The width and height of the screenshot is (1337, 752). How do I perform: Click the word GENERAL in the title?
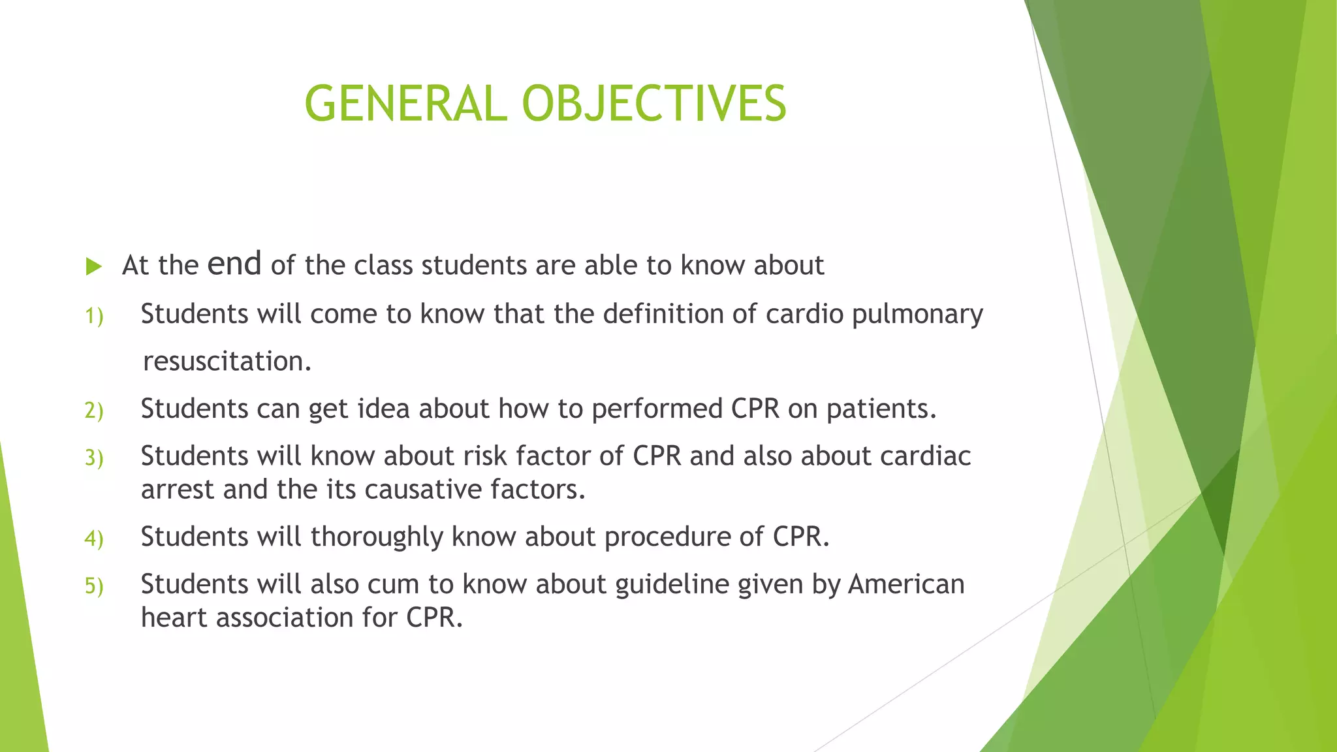tap(405, 104)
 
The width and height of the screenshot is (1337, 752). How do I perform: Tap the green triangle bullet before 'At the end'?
tap(94, 266)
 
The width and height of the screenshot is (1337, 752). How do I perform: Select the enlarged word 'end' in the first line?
tap(234, 264)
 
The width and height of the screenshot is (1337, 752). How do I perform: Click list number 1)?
tap(94, 317)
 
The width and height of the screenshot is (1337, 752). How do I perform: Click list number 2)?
tap(94, 411)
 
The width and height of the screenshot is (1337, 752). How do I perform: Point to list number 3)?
tap(94, 458)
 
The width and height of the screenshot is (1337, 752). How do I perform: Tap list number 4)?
tap(94, 539)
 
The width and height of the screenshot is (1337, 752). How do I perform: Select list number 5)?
tap(94, 586)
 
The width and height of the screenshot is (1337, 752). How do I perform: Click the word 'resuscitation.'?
tap(227, 361)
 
